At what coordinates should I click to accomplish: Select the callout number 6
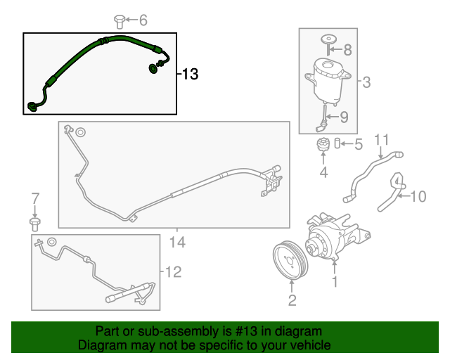click(x=143, y=20)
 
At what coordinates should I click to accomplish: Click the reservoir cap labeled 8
click(x=328, y=38)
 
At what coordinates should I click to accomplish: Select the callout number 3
click(x=366, y=84)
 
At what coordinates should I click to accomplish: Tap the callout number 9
click(x=345, y=117)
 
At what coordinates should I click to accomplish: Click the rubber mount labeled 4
click(x=323, y=149)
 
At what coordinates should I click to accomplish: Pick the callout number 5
click(x=358, y=146)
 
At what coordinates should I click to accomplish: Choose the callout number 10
click(x=418, y=196)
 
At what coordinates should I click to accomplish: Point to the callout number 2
click(x=291, y=301)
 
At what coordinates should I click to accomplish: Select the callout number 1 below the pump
click(x=335, y=283)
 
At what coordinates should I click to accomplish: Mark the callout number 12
click(x=172, y=271)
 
